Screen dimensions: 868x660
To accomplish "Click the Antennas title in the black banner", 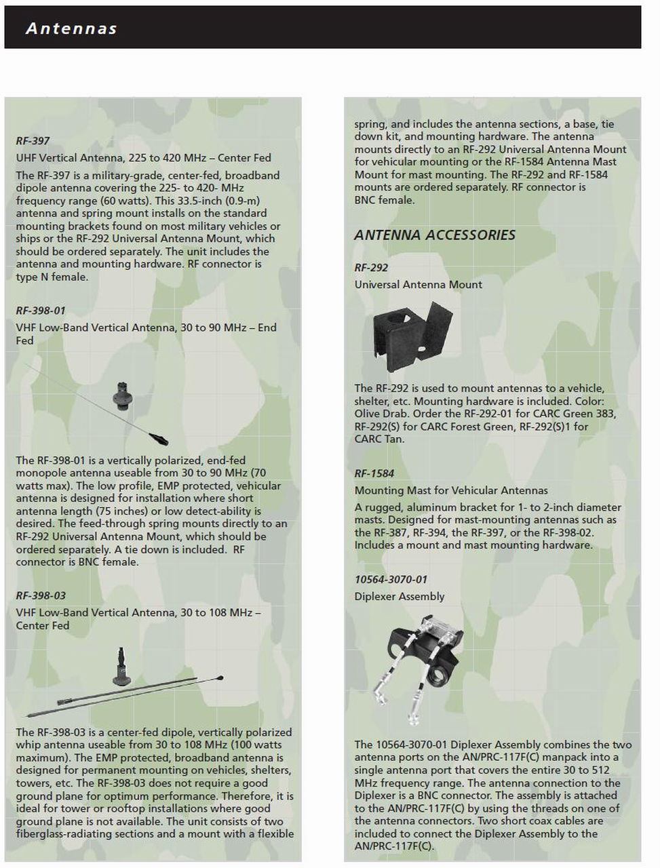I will click(x=71, y=28).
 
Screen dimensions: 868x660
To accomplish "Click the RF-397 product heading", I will click(x=33, y=141).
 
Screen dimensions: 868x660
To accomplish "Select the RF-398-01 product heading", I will click(x=41, y=311).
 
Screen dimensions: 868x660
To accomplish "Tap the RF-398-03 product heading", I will click(x=41, y=595).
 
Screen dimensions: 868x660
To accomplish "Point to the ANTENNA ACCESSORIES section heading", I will click(x=435, y=235).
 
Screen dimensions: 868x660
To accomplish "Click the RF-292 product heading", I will click(x=371, y=268).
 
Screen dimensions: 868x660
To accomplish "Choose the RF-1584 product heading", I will click(x=374, y=473).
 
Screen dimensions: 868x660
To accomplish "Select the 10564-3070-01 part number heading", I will click(x=391, y=579).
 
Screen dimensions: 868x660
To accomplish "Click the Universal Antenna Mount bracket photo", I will click(x=412, y=336).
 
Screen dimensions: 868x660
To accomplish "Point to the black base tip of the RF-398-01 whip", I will click(x=159, y=437).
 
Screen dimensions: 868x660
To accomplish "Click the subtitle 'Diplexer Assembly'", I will click(x=399, y=597).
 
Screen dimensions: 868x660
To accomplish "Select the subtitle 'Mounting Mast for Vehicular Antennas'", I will click(x=451, y=490).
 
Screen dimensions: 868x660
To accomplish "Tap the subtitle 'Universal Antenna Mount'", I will click(x=418, y=285).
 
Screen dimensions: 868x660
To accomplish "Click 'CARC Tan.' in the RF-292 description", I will click(x=379, y=439).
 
